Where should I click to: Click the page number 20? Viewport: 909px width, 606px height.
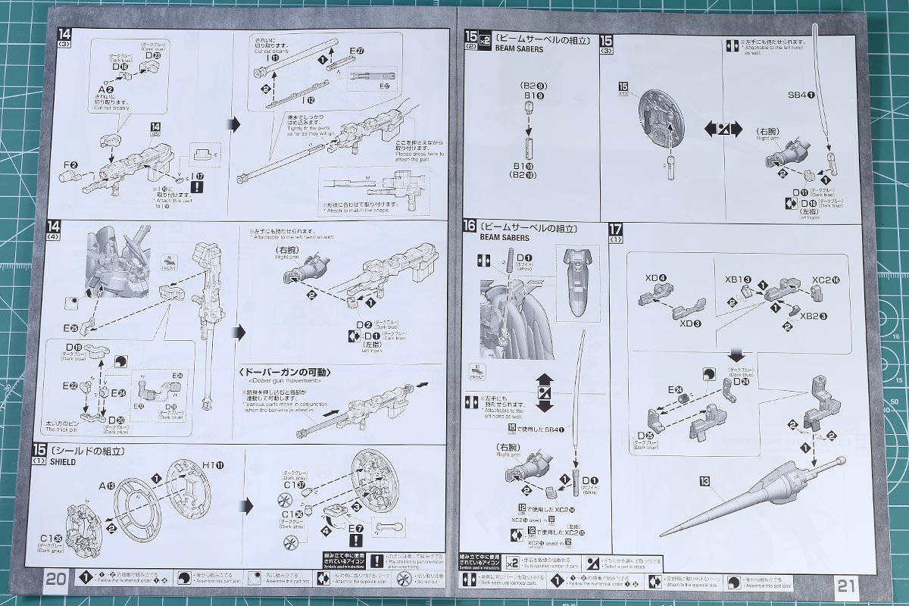point(55,579)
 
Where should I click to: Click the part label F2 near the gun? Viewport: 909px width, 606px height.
point(70,165)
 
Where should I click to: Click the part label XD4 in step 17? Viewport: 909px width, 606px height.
point(652,277)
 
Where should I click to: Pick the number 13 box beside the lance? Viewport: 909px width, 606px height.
point(705,481)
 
